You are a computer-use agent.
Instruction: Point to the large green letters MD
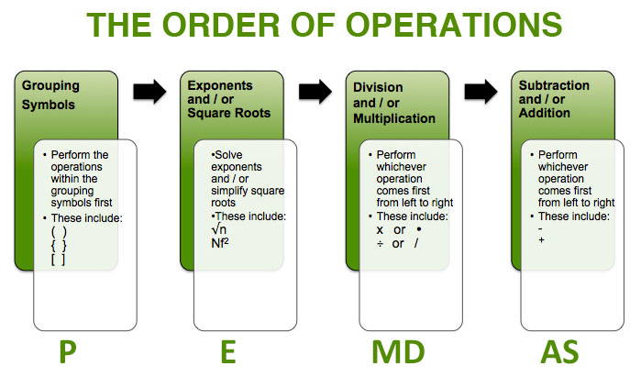coord(395,351)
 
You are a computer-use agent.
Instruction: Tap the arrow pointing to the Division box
coord(315,92)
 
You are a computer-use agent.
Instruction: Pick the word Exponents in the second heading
coord(214,87)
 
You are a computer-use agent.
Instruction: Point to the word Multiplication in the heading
coord(393,118)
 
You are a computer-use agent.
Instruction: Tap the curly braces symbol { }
coord(59,246)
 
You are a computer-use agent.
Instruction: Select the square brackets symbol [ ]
coord(59,260)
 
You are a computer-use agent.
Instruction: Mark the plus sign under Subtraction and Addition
coord(542,240)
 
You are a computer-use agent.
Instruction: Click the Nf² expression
coord(221,244)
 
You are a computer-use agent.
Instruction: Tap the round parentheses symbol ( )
coord(59,232)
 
